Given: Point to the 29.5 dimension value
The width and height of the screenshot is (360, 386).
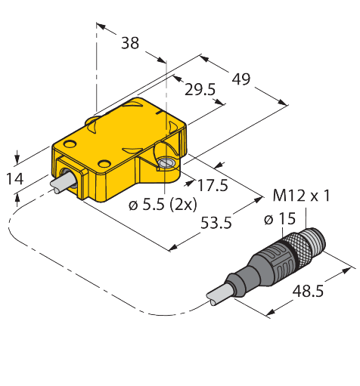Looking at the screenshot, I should click(200, 90).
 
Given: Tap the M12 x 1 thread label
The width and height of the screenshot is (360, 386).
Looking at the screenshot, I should click(301, 196).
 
